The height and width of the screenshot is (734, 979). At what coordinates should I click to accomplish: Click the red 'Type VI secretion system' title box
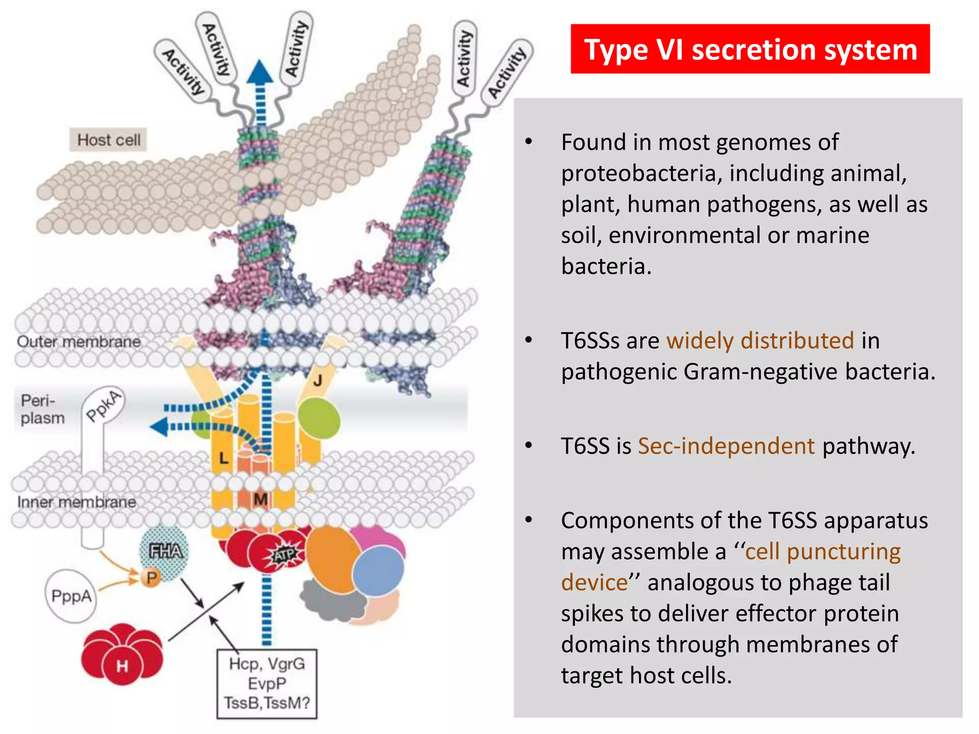(x=750, y=49)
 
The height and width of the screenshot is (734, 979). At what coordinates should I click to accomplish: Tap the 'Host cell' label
(x=109, y=140)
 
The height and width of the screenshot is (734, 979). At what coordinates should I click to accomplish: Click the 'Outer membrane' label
(x=79, y=342)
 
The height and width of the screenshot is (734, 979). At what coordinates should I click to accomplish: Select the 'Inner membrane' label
(x=76, y=502)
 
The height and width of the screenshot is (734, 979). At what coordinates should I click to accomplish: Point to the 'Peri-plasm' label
(x=42, y=409)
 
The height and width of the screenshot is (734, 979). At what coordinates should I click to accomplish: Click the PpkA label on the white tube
(x=103, y=406)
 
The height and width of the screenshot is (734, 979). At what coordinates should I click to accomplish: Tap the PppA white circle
(x=71, y=596)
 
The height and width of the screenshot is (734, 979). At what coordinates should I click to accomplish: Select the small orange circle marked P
(x=151, y=578)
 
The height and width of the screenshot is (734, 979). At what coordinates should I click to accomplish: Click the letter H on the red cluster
(x=122, y=666)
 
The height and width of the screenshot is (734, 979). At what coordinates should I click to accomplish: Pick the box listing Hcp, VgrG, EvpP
(x=267, y=683)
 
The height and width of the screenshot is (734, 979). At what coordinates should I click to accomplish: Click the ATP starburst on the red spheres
(x=285, y=555)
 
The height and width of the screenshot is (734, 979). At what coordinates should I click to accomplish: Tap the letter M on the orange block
(x=260, y=500)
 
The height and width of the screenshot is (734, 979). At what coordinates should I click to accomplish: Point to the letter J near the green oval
(x=317, y=381)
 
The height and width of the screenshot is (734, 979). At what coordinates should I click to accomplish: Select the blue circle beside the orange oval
(x=378, y=571)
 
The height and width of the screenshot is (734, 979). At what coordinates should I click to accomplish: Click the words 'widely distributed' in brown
(x=760, y=341)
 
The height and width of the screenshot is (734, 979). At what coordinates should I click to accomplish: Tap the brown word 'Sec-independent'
(x=726, y=446)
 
